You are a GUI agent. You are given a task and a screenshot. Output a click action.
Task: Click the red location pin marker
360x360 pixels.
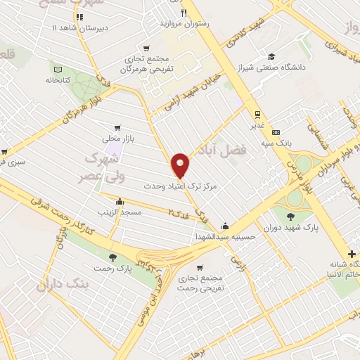click(181, 165)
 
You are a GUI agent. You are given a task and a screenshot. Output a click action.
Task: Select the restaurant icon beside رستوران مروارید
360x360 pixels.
click(184, 13)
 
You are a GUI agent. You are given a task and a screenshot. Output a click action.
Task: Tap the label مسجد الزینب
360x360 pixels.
click(122, 211)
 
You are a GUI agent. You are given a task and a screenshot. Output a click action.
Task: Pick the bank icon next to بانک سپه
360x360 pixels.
click(276, 132)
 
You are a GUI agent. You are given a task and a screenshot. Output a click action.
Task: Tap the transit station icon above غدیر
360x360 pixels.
click(259, 114)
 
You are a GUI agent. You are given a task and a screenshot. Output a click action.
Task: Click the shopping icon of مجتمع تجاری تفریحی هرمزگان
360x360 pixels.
click(146, 49)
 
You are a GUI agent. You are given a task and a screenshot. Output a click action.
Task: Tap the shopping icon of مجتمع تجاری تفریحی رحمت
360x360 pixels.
click(202, 268)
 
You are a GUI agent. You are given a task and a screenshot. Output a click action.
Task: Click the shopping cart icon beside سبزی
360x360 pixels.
click(4, 151)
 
